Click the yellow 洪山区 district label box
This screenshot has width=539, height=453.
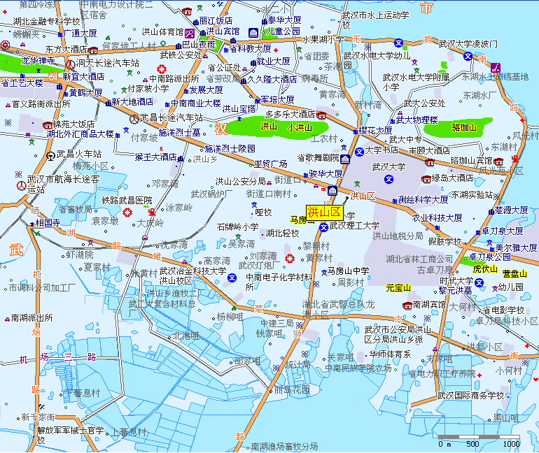[323, 212]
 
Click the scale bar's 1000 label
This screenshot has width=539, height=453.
[510, 443]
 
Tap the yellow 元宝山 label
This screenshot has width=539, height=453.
[400, 287]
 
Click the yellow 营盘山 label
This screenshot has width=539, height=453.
[514, 273]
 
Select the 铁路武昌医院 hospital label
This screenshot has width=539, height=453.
[127, 201]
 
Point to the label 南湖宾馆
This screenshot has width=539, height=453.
[429, 305]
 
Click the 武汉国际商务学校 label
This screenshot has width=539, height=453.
[470, 395]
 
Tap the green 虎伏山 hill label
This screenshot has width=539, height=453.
[484, 268]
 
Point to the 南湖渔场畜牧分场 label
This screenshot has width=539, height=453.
[284, 446]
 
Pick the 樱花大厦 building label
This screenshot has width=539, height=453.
[375, 130]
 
